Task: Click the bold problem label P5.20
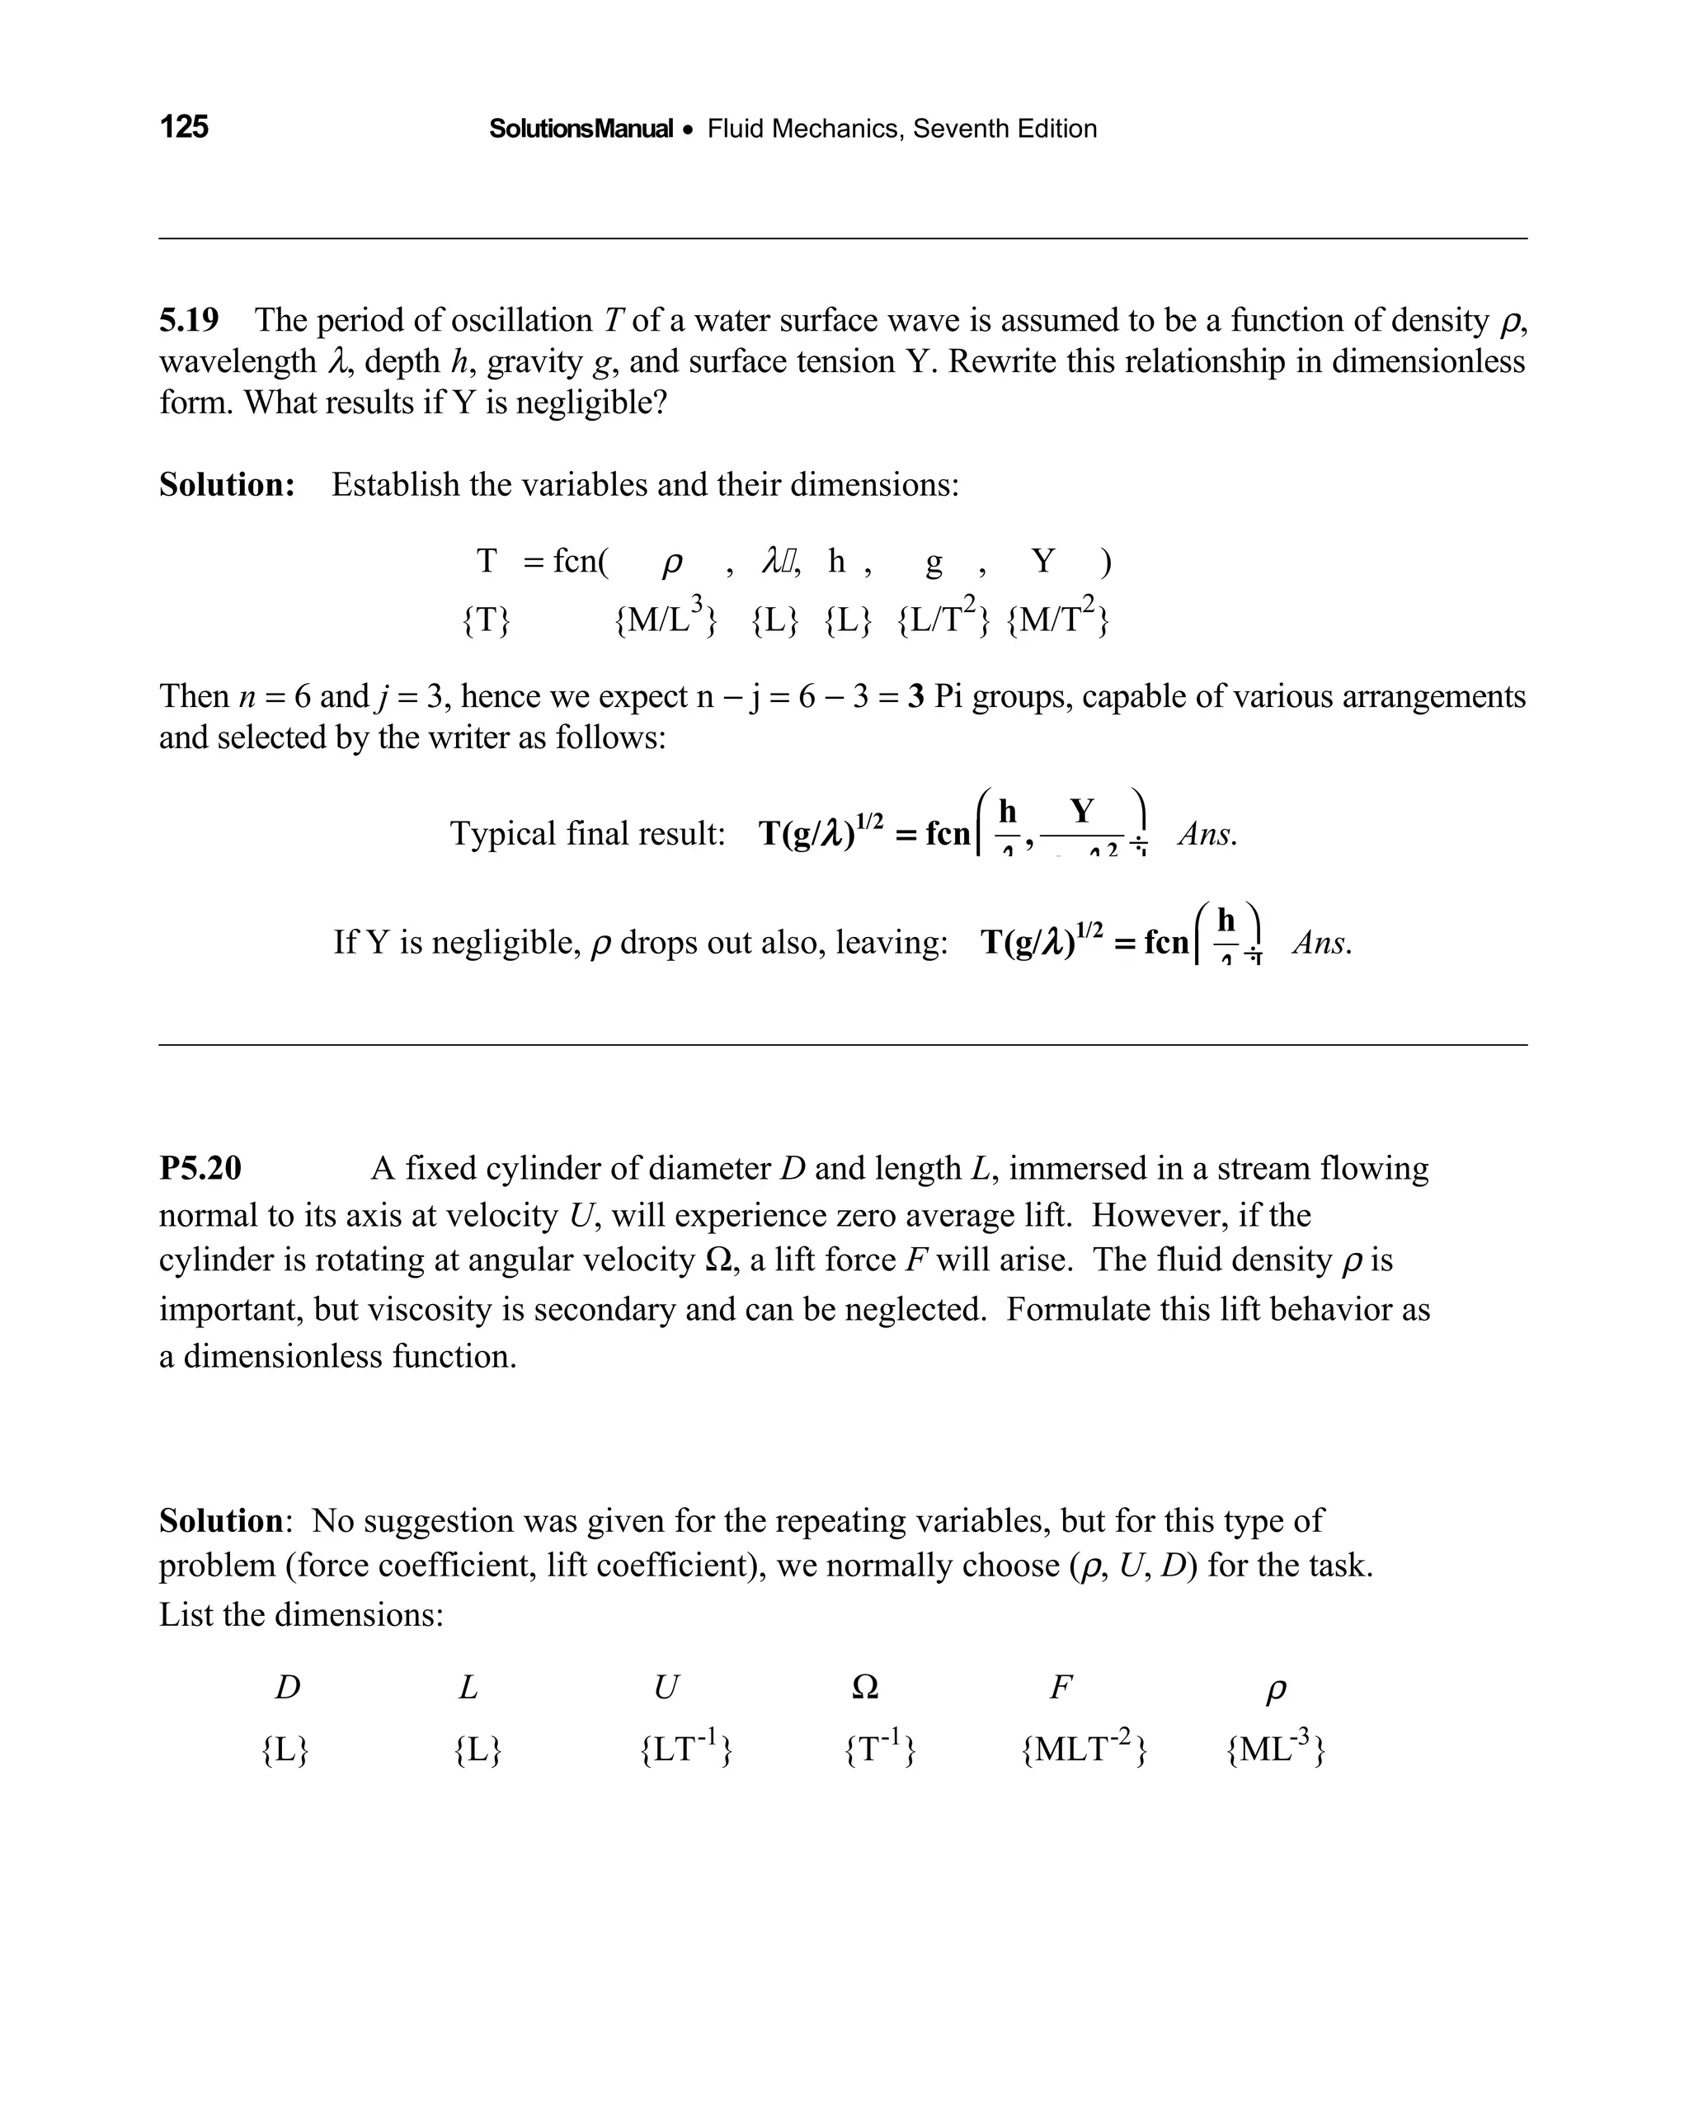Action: [x=200, y=1167]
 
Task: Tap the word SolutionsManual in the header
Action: [x=581, y=129]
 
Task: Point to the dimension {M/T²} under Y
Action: [x=1057, y=618]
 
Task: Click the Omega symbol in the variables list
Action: [x=865, y=1687]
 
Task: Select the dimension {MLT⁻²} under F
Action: [x=1084, y=1749]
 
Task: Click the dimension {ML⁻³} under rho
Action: [x=1275, y=1749]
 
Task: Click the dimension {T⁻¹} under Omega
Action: [x=880, y=1749]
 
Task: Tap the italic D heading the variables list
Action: [x=286, y=1687]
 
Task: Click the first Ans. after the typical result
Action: [x=1207, y=834]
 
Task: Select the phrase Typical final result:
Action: [x=586, y=833]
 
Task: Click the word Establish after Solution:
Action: [x=395, y=483]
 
